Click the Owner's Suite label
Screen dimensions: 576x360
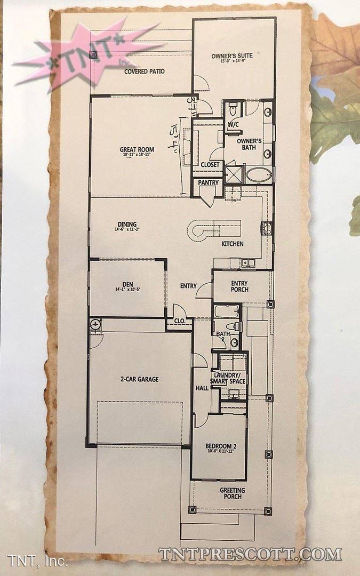click(x=228, y=55)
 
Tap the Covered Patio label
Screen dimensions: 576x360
click(x=145, y=71)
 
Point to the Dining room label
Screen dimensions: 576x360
click(x=127, y=224)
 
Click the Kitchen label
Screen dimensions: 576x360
click(x=233, y=244)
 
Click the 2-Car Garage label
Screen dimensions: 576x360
click(x=139, y=380)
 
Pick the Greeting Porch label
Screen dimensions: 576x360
click(x=233, y=493)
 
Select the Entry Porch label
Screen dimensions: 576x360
click(x=239, y=286)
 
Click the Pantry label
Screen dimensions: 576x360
click(x=209, y=183)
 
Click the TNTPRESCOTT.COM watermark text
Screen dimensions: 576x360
click(x=250, y=554)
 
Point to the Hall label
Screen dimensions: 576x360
click(x=202, y=388)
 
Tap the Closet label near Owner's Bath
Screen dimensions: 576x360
click(x=210, y=165)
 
